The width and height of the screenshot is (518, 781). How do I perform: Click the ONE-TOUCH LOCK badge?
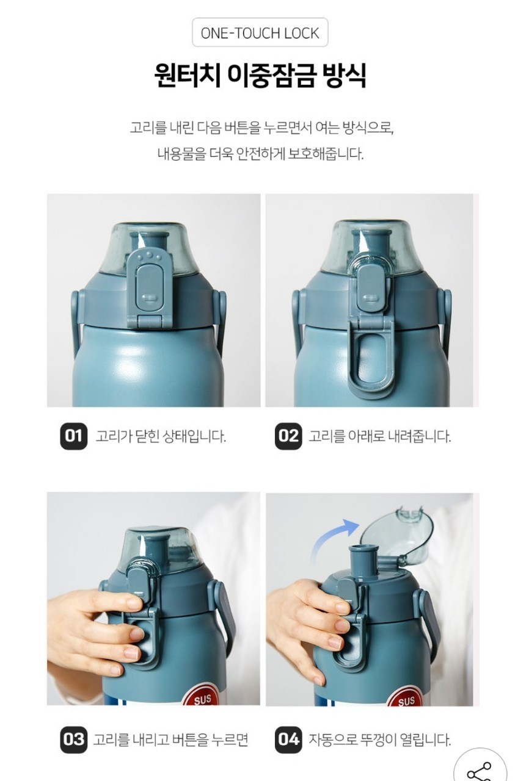[260, 32]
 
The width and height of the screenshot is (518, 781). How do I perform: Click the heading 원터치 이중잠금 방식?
[260, 75]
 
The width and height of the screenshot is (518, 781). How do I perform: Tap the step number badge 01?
[73, 436]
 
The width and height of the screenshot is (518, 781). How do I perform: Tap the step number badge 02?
[288, 436]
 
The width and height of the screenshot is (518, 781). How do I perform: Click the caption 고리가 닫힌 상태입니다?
[161, 436]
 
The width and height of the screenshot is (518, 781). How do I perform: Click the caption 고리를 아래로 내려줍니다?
[380, 436]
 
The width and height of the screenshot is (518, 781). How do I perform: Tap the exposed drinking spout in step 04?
[363, 558]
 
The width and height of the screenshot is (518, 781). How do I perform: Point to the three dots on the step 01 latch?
[150, 257]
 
